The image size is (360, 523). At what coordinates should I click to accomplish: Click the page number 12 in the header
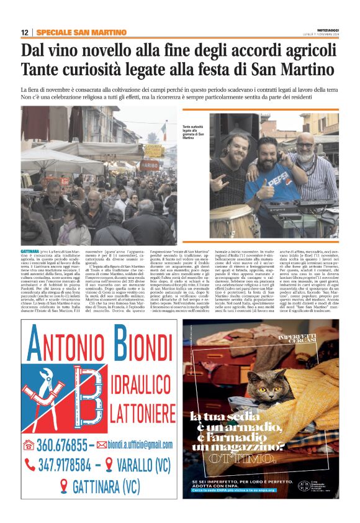pyautogui.click(x=25, y=32)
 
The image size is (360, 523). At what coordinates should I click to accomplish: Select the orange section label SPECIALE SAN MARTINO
pyautogui.click(x=81, y=32)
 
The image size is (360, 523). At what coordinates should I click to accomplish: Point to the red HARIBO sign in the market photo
pyautogui.click(x=149, y=166)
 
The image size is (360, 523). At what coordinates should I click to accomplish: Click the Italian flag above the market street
pyautogui.click(x=163, y=131)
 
